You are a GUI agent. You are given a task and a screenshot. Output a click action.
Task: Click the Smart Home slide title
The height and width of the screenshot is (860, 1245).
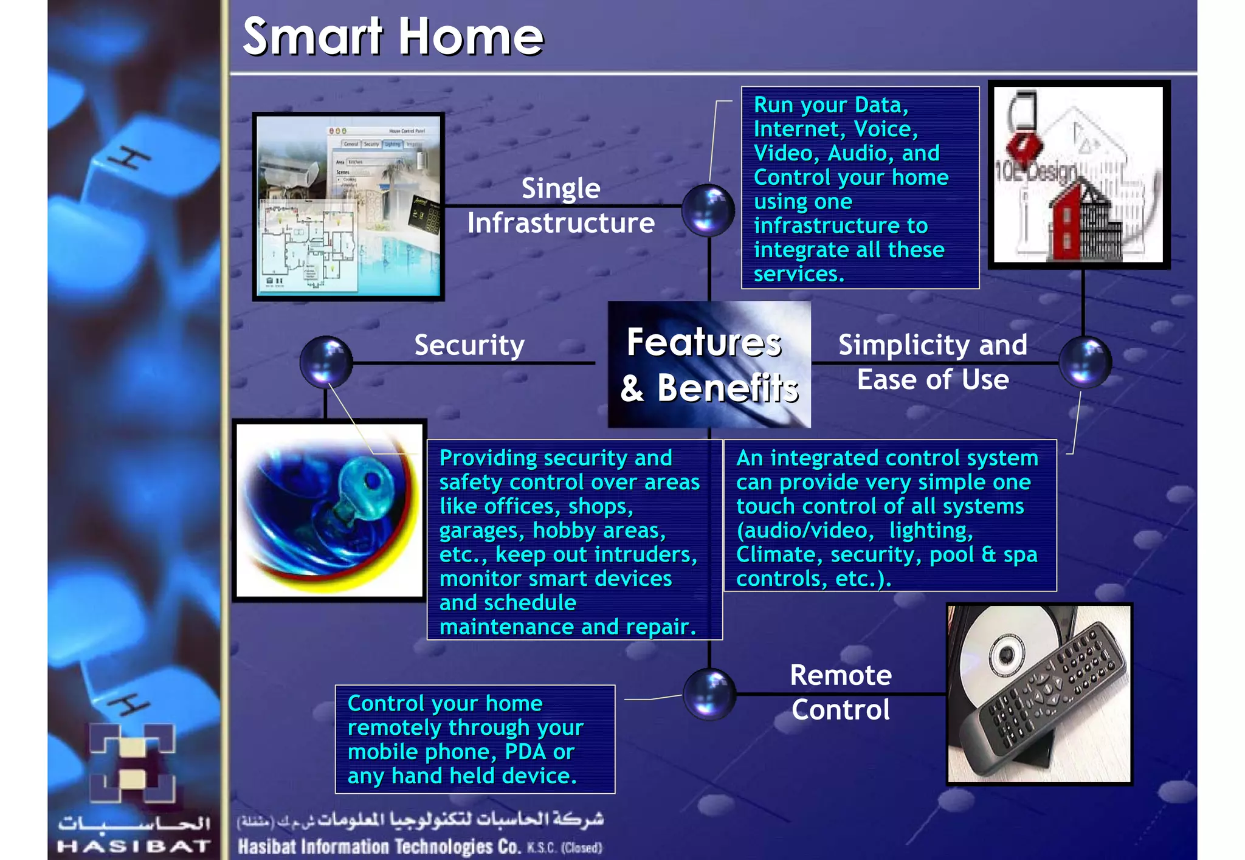393,36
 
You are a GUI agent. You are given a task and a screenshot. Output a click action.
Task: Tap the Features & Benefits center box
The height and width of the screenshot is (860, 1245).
709,365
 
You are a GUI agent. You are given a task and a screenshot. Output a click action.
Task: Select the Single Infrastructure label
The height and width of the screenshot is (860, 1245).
560,205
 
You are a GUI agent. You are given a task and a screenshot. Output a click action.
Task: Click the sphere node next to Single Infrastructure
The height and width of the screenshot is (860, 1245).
708,210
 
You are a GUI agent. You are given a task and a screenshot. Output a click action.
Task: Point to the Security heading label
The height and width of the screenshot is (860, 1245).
469,345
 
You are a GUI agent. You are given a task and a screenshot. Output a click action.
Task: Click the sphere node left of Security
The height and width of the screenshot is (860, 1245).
326,362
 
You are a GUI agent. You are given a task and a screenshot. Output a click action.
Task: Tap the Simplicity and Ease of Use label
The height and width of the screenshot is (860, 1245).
933,362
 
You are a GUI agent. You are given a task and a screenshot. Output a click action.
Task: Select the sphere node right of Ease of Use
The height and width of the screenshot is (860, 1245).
1085,362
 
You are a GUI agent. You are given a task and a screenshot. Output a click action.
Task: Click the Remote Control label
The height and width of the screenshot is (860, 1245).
841,692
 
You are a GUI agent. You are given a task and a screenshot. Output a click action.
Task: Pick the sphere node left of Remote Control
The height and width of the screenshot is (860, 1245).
709,694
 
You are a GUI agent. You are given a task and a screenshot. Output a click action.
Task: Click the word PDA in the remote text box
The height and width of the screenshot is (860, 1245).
525,752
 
